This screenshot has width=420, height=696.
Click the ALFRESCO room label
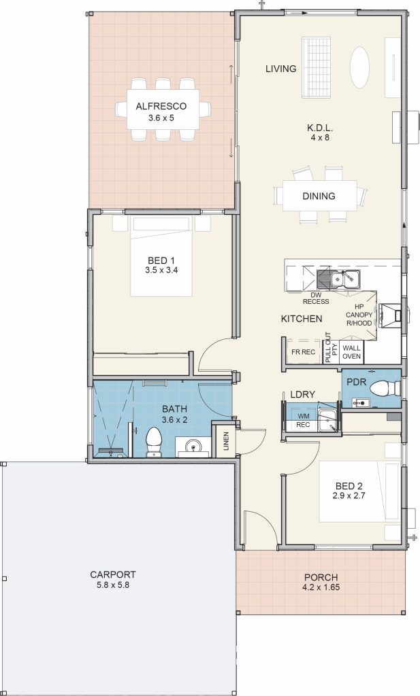161,107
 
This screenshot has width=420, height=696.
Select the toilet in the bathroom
154,442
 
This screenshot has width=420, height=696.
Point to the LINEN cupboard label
226,441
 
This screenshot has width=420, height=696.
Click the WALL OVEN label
351,352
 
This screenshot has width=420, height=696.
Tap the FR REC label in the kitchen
303,353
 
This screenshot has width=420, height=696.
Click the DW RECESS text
316,298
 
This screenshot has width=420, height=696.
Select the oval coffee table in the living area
359,68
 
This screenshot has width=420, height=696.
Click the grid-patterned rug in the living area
317,67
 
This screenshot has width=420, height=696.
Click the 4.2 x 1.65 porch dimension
321,587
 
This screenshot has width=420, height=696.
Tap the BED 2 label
349,486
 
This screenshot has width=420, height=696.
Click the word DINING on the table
319,196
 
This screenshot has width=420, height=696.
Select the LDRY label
303,394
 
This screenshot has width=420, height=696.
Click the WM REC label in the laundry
304,420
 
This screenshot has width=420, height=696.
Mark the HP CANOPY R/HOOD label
359,315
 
